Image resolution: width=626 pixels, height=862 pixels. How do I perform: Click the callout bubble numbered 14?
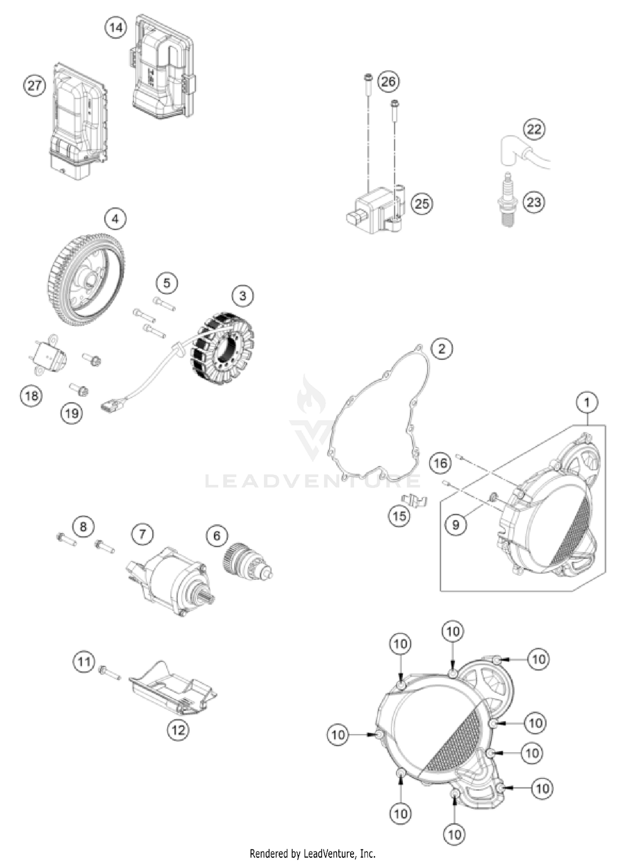[x=116, y=28]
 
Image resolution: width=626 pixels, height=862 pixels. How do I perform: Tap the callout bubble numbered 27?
[x=34, y=85]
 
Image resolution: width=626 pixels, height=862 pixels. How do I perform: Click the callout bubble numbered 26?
[x=388, y=81]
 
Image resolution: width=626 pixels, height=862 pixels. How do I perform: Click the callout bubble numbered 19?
[x=72, y=413]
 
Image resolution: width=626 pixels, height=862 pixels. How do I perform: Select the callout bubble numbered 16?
[x=441, y=463]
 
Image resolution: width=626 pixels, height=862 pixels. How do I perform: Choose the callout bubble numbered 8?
[x=83, y=526]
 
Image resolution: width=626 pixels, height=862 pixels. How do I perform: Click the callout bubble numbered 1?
[x=587, y=402]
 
